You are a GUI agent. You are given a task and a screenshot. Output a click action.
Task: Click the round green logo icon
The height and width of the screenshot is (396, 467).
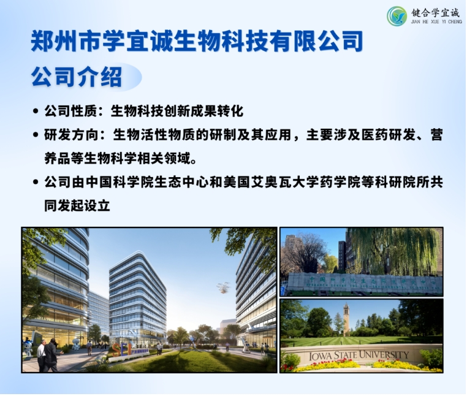(397, 15)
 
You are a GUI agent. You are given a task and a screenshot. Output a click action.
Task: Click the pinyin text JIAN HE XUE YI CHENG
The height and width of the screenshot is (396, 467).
(436, 22)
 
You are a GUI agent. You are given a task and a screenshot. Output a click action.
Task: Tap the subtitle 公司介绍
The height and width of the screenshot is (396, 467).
(77, 78)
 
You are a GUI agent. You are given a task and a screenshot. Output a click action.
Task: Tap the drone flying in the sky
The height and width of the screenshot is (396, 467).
(222, 286)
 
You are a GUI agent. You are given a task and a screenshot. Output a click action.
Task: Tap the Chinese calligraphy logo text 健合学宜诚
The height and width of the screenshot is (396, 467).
(436, 12)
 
